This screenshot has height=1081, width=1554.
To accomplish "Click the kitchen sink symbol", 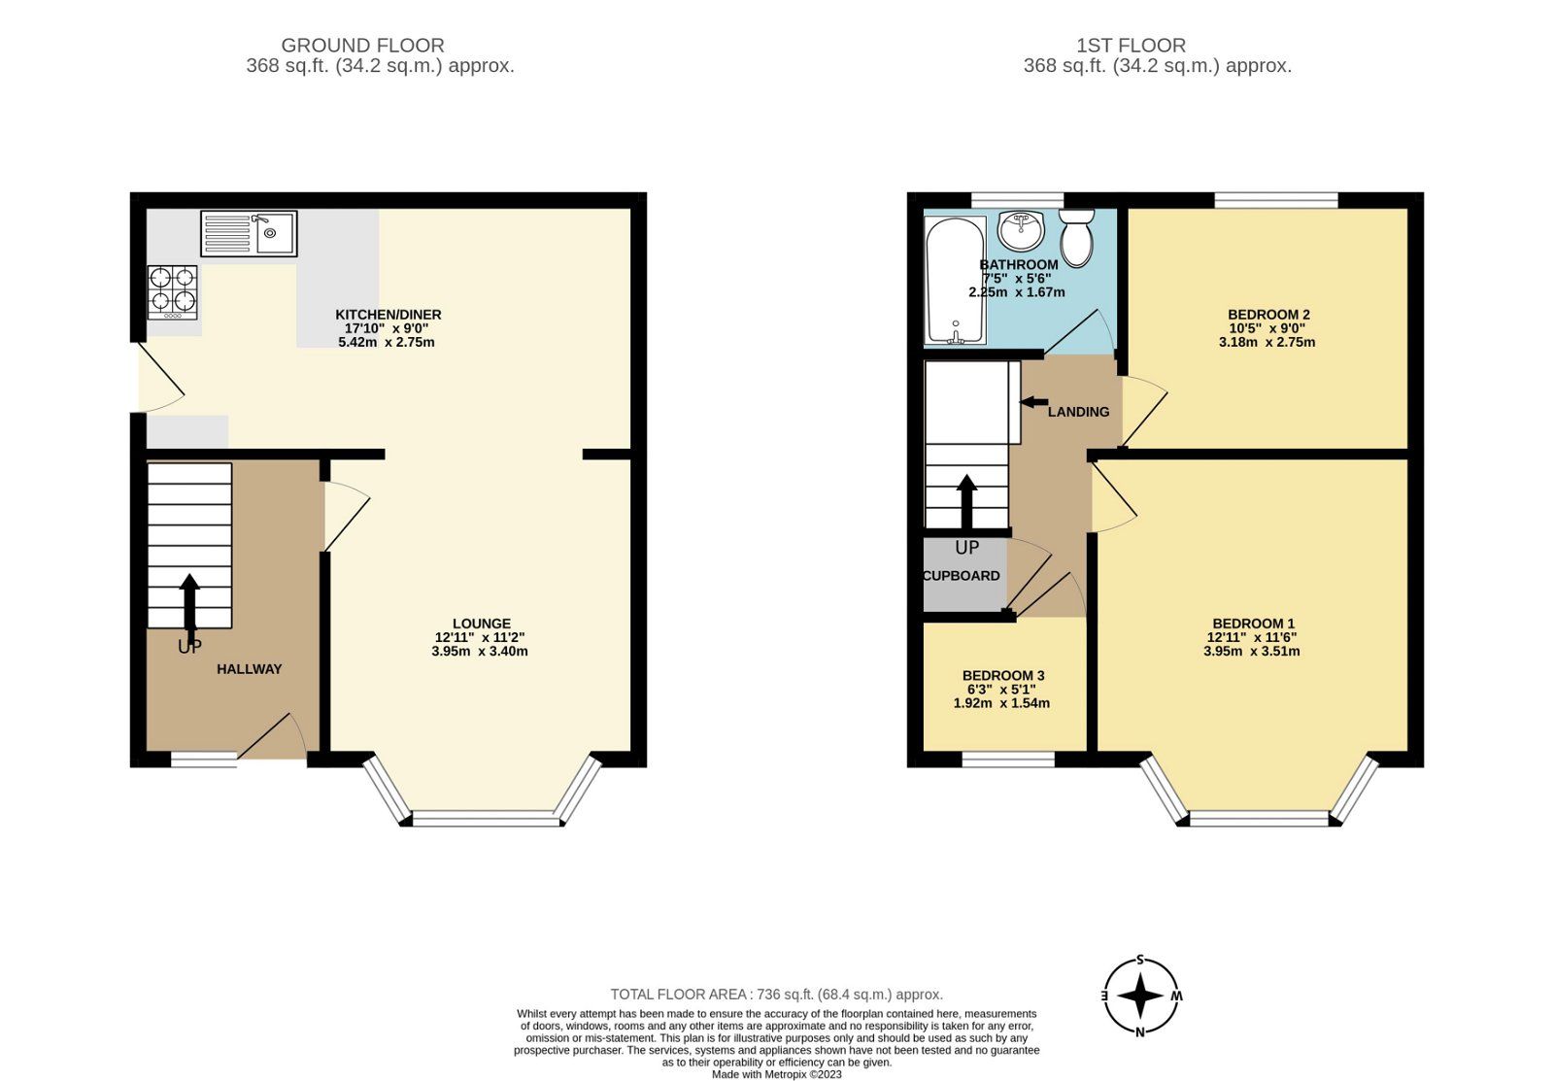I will pyautogui.click(x=249, y=233).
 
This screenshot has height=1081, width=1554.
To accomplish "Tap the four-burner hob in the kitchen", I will pyautogui.click(x=172, y=291).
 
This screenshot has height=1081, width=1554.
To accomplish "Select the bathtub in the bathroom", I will pyautogui.click(x=956, y=281).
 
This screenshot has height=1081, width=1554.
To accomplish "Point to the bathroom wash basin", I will pyautogui.click(x=1020, y=230).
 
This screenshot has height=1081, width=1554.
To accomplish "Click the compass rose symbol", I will pyautogui.click(x=1141, y=997).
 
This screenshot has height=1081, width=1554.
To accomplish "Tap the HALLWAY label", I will pyautogui.click(x=249, y=669).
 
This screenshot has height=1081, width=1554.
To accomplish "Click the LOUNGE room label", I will pyautogui.click(x=481, y=624).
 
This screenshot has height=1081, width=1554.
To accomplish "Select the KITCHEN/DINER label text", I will pyautogui.click(x=388, y=315).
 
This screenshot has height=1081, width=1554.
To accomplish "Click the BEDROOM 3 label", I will pyautogui.click(x=1002, y=676).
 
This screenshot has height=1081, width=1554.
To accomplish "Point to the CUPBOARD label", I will pyautogui.click(x=961, y=576).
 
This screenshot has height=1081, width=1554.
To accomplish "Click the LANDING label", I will pyautogui.click(x=1078, y=412).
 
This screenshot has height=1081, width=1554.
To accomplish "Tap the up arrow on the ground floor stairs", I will pyautogui.click(x=189, y=602).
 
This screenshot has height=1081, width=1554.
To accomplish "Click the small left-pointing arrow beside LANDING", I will pyautogui.click(x=1033, y=401).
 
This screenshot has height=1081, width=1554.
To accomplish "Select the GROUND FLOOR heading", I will pyautogui.click(x=362, y=45).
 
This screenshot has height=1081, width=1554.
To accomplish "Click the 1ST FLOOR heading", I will pyautogui.click(x=1131, y=45).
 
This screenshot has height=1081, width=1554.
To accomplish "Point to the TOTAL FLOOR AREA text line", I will pyautogui.click(x=776, y=995).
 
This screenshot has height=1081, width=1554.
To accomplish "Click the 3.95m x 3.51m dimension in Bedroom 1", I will pyautogui.click(x=1251, y=652).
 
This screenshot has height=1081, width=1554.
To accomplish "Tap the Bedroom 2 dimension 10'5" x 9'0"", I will pyautogui.click(x=1267, y=328).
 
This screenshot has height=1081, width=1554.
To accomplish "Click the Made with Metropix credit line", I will pyautogui.click(x=776, y=1074).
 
